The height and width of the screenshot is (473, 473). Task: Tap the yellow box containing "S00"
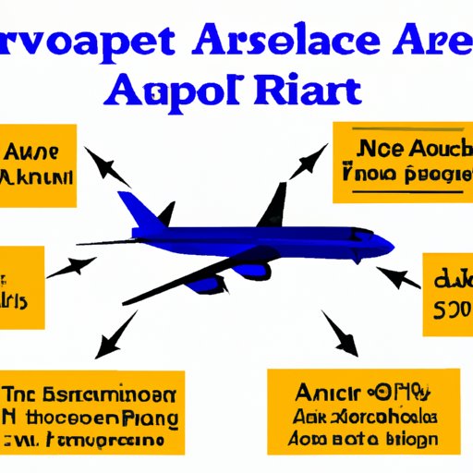click(447, 295)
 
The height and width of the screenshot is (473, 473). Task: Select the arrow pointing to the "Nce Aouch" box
click(309, 162)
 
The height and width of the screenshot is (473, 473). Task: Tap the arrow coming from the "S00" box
click(396, 277)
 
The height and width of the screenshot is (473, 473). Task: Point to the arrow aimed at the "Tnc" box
click(115, 338)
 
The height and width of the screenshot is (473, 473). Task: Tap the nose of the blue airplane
click(389, 245)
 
